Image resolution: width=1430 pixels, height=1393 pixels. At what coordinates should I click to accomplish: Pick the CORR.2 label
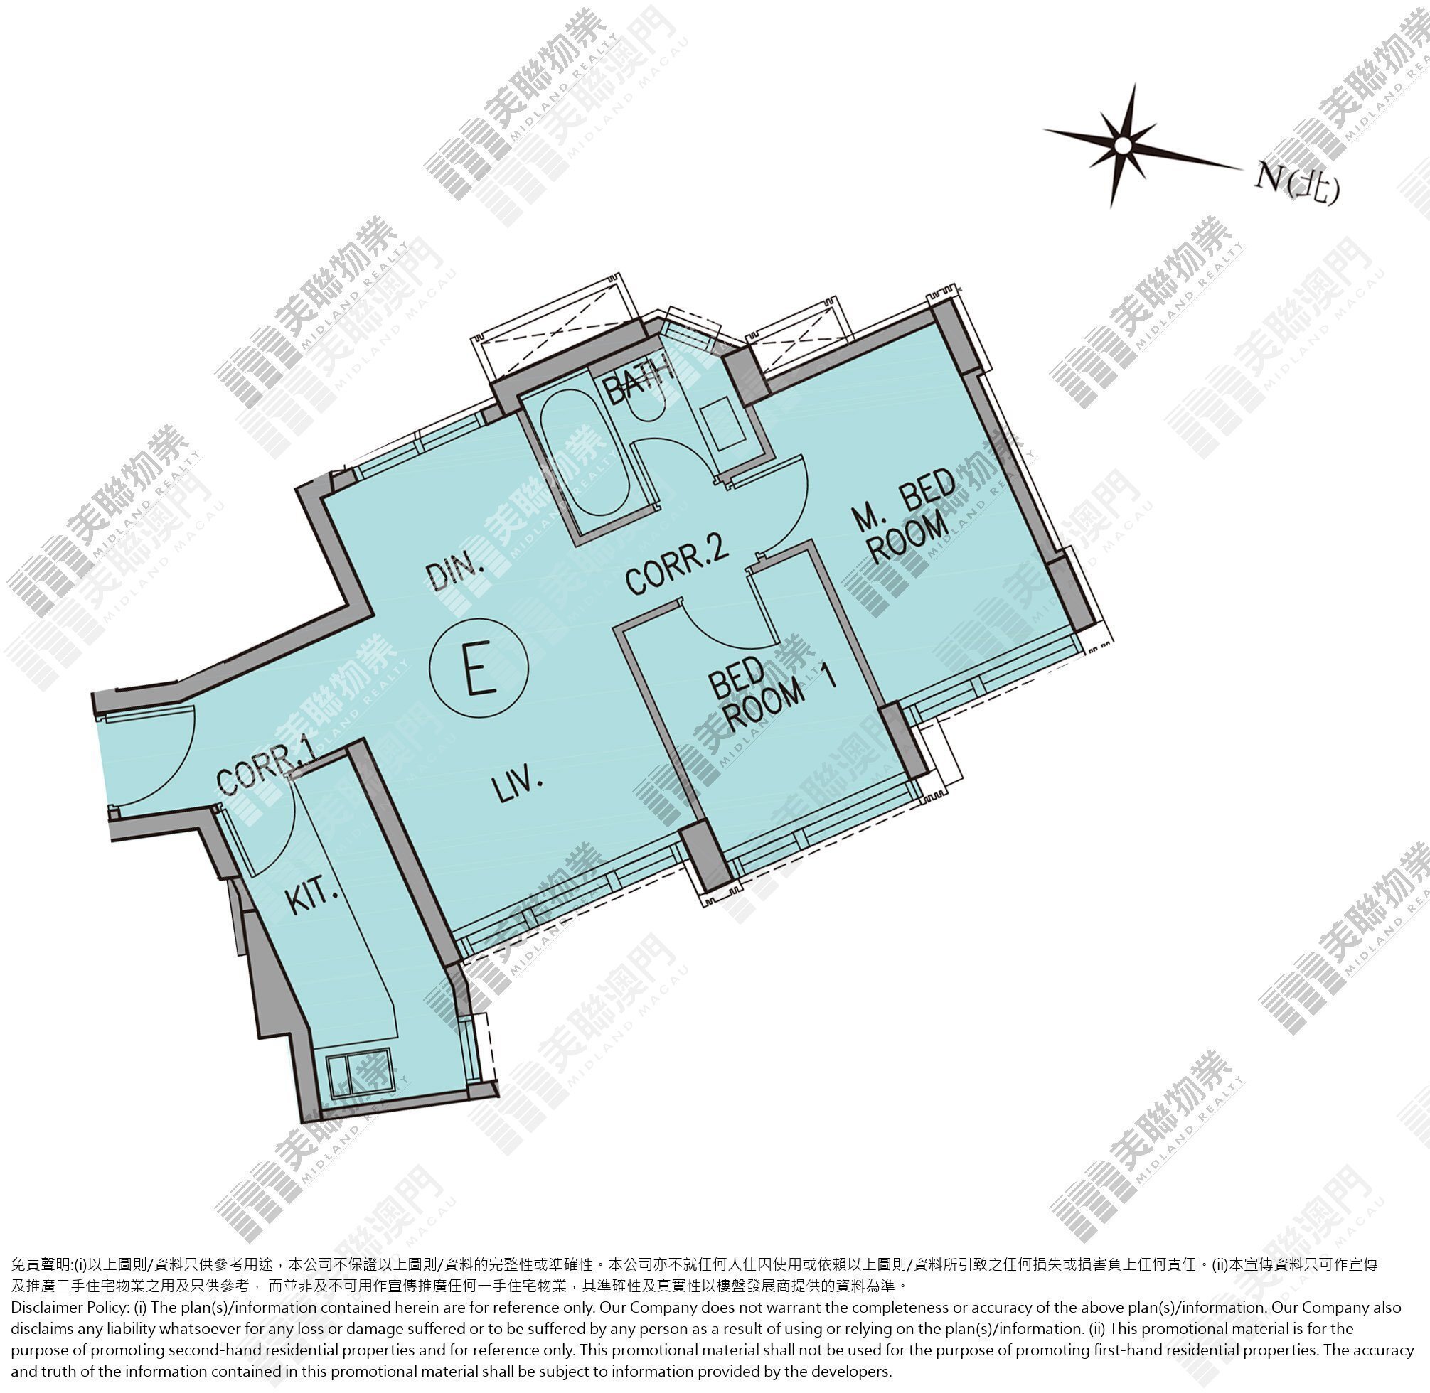[x=677, y=564]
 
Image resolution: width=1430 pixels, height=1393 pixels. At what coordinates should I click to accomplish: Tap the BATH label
[x=639, y=378]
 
